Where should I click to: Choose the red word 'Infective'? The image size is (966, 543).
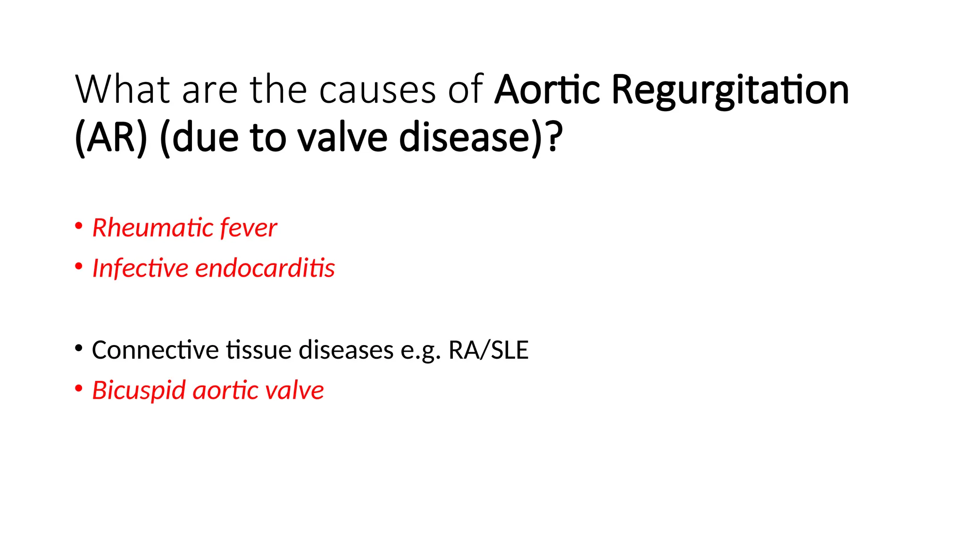pos(140,268)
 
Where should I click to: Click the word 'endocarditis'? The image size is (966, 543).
pos(265,268)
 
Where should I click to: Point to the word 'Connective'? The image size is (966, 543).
pos(155,350)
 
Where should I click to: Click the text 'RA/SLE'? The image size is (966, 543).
pos(488,350)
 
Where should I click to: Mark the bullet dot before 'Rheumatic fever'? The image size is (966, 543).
pos(79,226)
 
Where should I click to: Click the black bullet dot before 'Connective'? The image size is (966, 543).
pos(79,349)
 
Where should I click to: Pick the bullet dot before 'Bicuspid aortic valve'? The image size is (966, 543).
pos(79,389)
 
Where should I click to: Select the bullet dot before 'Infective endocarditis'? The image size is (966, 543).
pos(79,266)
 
